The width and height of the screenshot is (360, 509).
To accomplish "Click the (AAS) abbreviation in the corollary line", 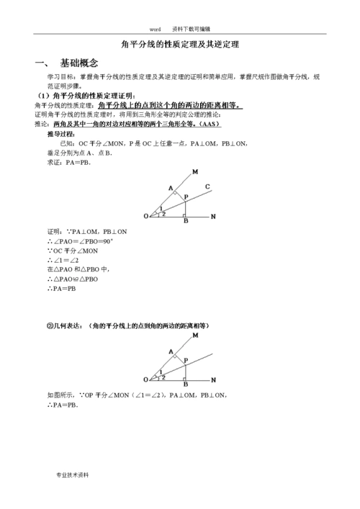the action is pos(210,124).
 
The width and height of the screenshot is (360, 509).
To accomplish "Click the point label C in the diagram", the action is pos(207,189).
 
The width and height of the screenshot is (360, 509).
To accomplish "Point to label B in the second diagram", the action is pos(185,385).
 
